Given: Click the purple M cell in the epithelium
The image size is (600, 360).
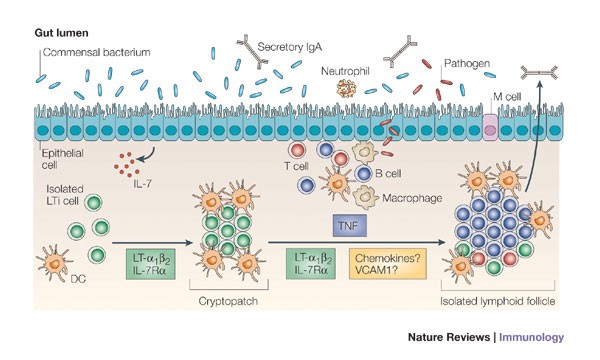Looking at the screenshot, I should pos(491,128).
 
